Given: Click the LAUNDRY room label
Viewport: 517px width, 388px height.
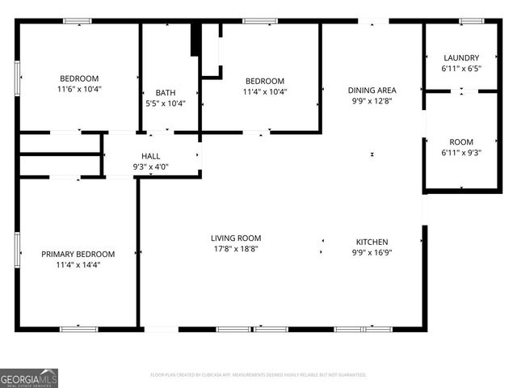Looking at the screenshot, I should pyautogui.click(x=461, y=58).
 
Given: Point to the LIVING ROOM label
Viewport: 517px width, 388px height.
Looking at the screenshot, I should pyautogui.click(x=236, y=238).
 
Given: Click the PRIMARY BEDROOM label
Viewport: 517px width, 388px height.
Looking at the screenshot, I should pyautogui.click(x=78, y=254).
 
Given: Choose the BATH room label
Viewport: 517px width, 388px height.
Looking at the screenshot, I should pyautogui.click(x=165, y=92).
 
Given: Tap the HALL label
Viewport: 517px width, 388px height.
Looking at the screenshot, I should pyautogui.click(x=151, y=156).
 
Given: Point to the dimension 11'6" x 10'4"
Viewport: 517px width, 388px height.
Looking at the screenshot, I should pyautogui.click(x=78, y=89).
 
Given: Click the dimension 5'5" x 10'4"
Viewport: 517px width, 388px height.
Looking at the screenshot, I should pyautogui.click(x=165, y=103).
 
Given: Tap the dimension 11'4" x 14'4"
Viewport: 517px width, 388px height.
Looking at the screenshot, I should pyautogui.click(x=78, y=264).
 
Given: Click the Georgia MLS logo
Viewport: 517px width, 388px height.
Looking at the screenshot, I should pyautogui.click(x=29, y=377).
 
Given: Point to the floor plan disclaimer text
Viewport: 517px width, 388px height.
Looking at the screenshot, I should pyautogui.click(x=258, y=375).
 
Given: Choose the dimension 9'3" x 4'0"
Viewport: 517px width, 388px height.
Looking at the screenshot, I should pyautogui.click(x=151, y=167).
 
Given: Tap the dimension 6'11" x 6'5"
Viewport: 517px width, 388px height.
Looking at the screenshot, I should pyautogui.click(x=461, y=70).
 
